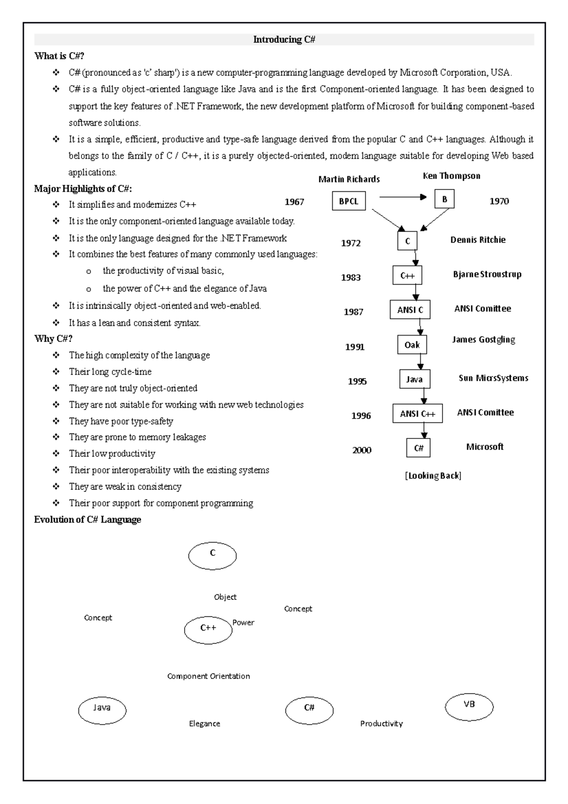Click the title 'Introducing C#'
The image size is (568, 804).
coord(284,40)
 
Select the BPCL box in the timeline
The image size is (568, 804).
coord(348,201)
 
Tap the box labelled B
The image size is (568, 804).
coord(444,199)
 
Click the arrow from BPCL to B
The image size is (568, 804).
coord(402,197)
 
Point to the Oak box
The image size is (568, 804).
coord(412,345)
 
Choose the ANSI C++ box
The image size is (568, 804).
coord(417,414)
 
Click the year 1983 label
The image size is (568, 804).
coord(351,277)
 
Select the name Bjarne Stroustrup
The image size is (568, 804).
coord(487,274)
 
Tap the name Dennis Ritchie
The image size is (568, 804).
coord(478,240)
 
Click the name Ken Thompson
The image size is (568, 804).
coord(451,176)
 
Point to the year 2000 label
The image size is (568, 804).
coord(362,450)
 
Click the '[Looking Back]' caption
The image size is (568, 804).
coord(433,475)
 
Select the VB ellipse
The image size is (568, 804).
coord(469,707)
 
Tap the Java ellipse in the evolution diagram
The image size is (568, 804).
coord(102,710)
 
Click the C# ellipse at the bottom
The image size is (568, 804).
coord(309,710)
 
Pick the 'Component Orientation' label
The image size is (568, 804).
coord(208,676)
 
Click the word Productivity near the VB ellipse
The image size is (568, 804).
coord(381,724)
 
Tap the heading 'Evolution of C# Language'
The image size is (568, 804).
coord(88,519)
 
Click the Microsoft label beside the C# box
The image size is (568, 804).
coord(485,447)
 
